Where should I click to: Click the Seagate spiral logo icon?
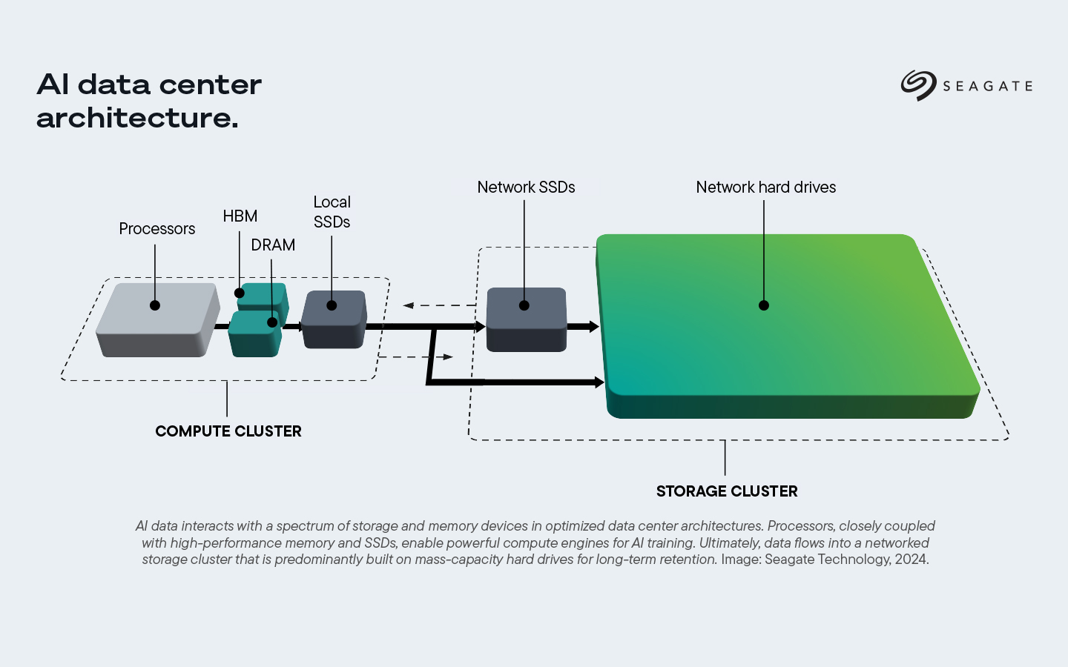coord(918,85)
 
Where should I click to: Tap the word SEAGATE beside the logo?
coord(987,87)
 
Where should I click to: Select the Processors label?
coord(157,229)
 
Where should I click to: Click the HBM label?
coord(240,216)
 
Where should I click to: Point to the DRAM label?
coord(273,245)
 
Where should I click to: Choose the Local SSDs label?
coord(332,212)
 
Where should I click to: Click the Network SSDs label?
coord(526,188)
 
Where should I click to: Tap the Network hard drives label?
coord(765,188)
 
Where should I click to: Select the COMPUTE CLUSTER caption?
coord(228,431)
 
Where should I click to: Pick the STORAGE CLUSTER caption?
coord(727,491)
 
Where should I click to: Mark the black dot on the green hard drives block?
coord(764,305)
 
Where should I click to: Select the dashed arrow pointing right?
coord(415,357)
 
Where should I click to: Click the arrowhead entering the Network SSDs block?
coord(479,326)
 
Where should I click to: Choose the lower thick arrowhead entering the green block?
coord(599,382)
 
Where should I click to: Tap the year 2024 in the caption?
coord(911,560)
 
